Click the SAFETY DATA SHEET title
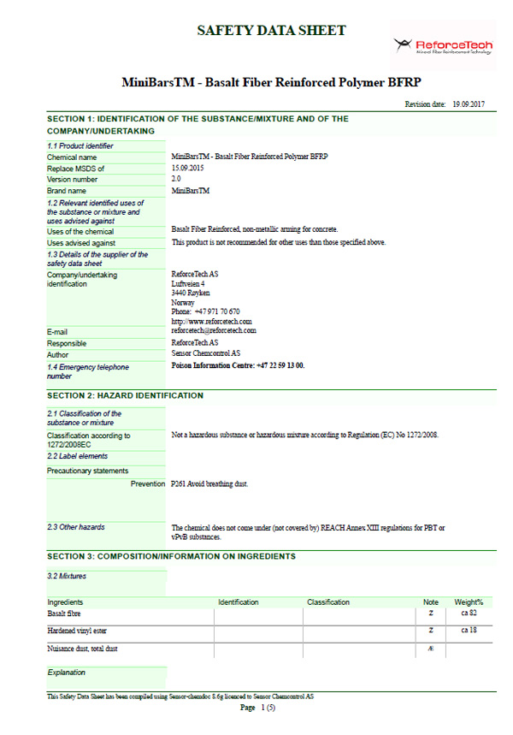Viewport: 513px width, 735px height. pyautogui.click(x=272, y=31)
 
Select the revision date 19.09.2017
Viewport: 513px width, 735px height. pyautogui.click(x=468, y=104)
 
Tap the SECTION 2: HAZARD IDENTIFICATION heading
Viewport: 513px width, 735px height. pyautogui.click(x=125, y=396)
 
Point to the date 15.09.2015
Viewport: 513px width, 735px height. pyautogui.click(x=186, y=169)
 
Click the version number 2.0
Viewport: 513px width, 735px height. pyautogui.click(x=176, y=179)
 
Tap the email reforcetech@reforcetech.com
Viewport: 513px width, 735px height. pyautogui.click(x=214, y=330)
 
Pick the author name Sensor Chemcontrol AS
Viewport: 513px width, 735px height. pyautogui.click(x=206, y=353)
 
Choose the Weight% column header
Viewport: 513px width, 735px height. pyautogui.click(x=469, y=602)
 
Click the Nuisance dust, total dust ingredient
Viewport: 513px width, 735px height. pyautogui.click(x=82, y=649)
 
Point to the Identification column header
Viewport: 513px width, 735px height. pyautogui.click(x=239, y=602)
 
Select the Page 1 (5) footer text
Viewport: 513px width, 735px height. pyautogui.click(x=257, y=708)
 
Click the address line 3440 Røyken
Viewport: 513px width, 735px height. pyautogui.click(x=192, y=293)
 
